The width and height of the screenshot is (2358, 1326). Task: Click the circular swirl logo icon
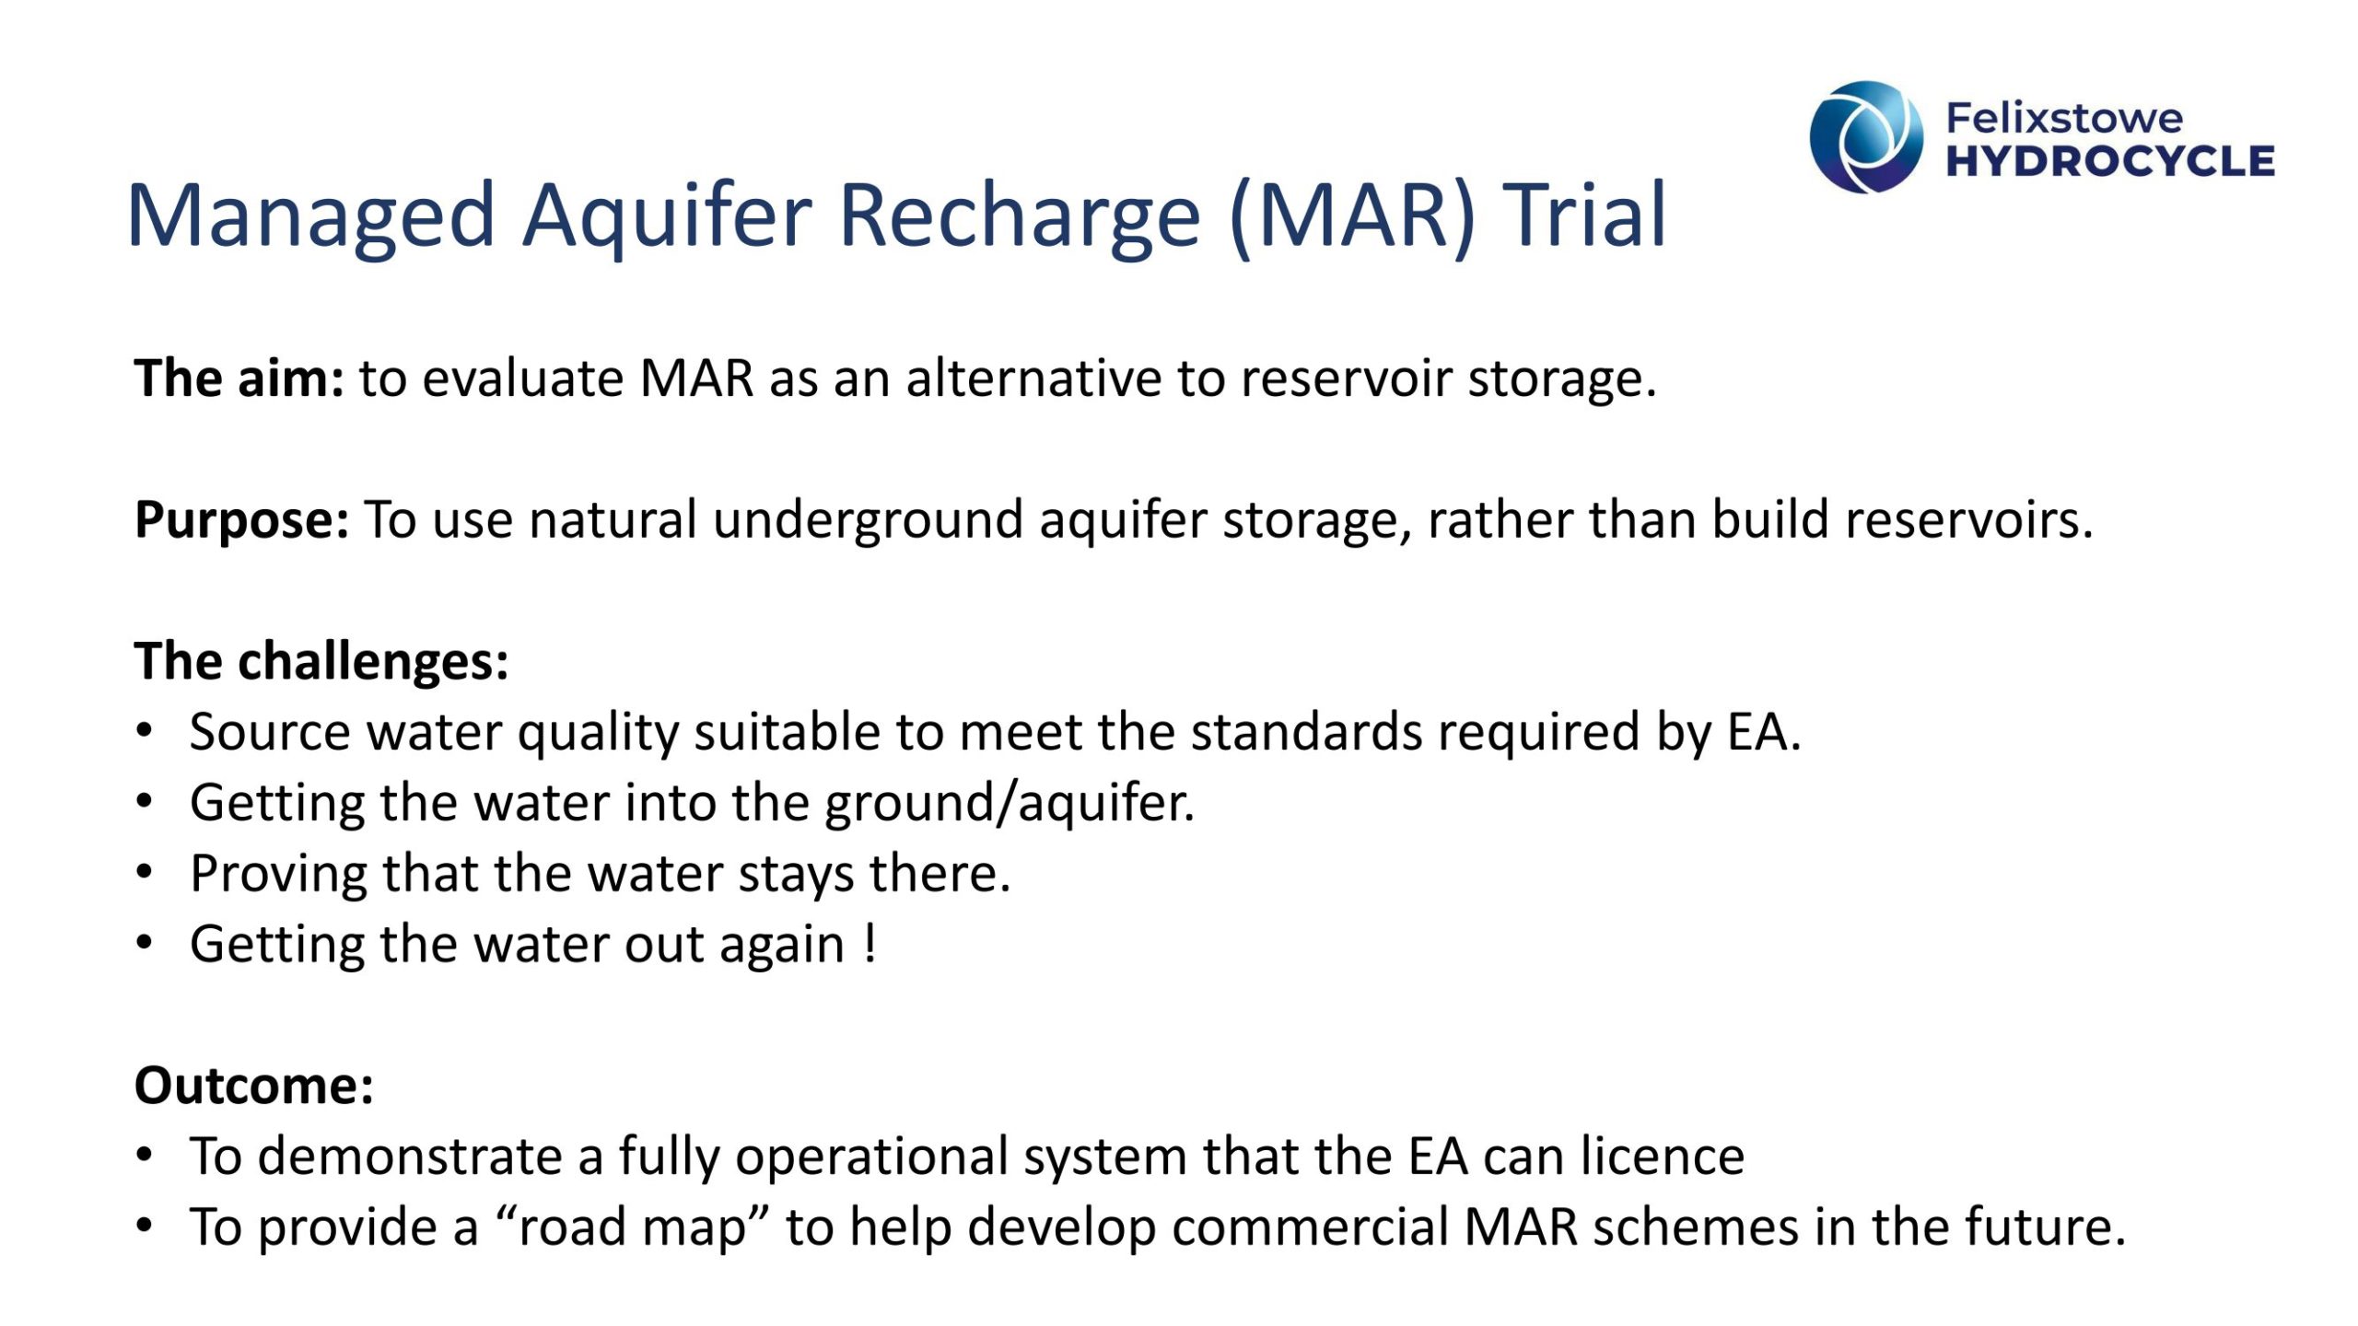1866,137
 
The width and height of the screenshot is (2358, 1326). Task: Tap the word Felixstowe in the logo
2063,118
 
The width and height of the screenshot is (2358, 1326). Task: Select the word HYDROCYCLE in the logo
2109,161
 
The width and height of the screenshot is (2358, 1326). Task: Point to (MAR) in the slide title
1352,216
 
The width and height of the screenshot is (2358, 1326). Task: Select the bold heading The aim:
239,378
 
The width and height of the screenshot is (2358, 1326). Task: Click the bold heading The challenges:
321,662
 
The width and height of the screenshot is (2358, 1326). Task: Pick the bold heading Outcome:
254,1085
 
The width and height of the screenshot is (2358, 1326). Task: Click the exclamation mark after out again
870,944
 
